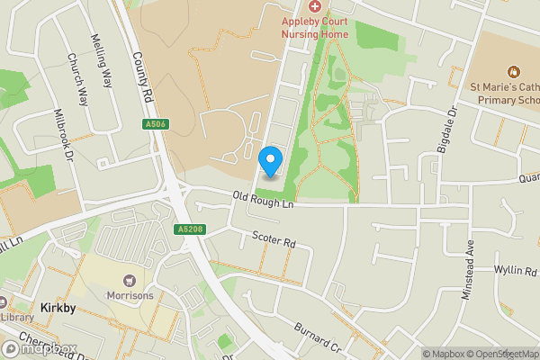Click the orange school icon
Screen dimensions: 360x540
(514, 71)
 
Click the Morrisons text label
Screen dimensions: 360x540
(130, 294)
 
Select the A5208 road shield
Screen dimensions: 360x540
(186, 230)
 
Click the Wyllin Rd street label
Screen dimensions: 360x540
(515, 270)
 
